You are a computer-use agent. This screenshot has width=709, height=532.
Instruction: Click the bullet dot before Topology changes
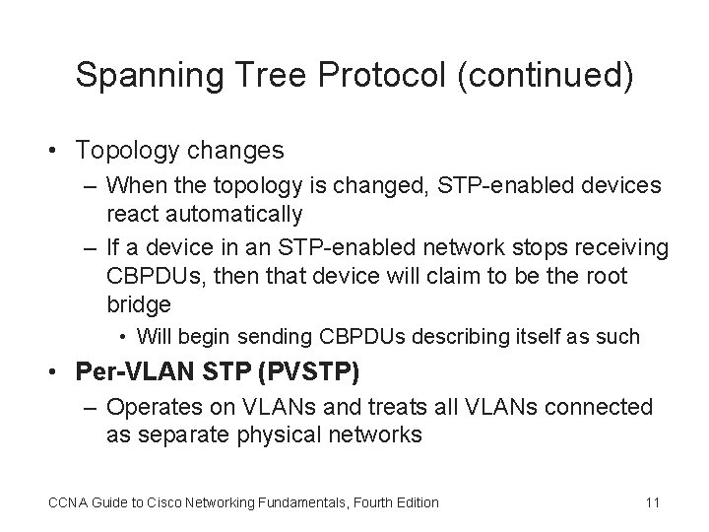coord(59,151)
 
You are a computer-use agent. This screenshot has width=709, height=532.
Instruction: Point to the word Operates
coord(153,407)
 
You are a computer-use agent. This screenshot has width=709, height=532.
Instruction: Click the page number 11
coord(651,502)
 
